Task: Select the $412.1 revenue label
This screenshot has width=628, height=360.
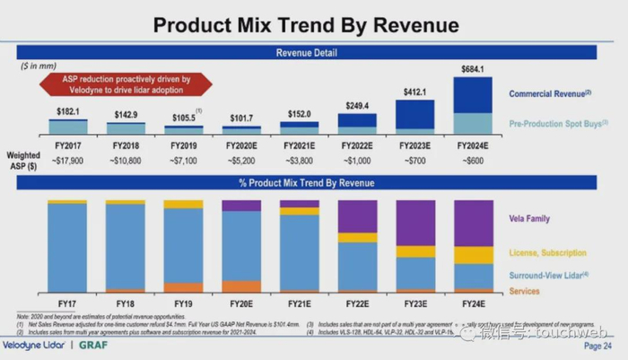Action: coord(415,92)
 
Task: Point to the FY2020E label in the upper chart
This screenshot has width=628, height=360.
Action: coord(240,143)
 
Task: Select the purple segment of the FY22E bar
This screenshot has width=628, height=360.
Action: coord(358,216)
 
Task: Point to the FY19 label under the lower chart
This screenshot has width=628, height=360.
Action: coord(183,303)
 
